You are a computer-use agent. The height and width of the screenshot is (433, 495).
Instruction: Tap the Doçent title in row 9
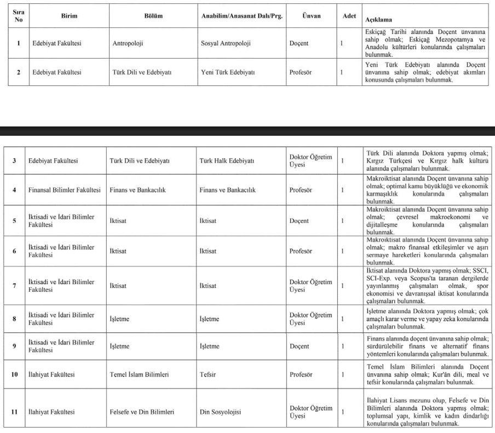coord(300,346)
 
